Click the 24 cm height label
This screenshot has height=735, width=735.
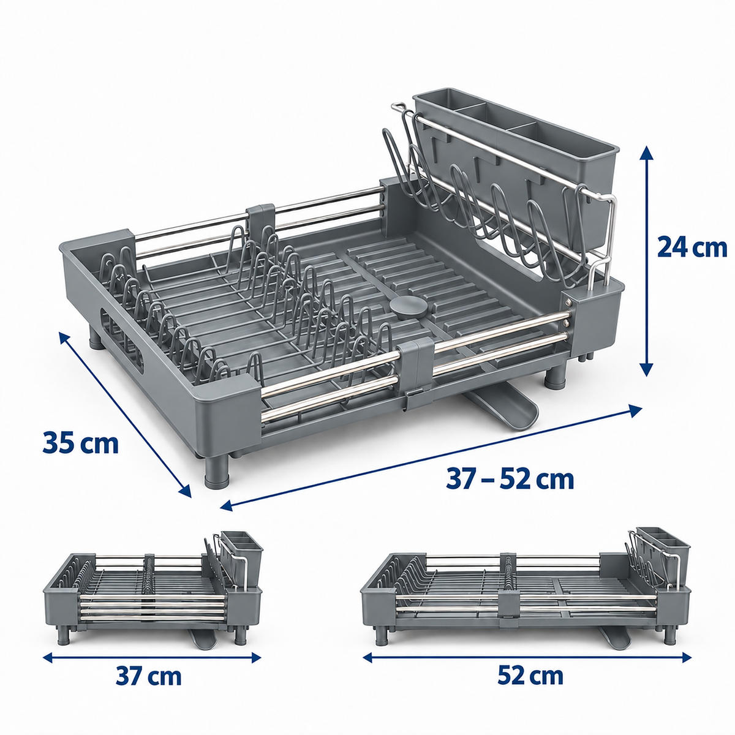692,248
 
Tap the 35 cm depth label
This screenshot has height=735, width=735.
80,442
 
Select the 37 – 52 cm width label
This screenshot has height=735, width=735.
510,479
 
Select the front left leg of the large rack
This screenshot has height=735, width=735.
217,471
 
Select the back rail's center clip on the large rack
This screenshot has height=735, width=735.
261,221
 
